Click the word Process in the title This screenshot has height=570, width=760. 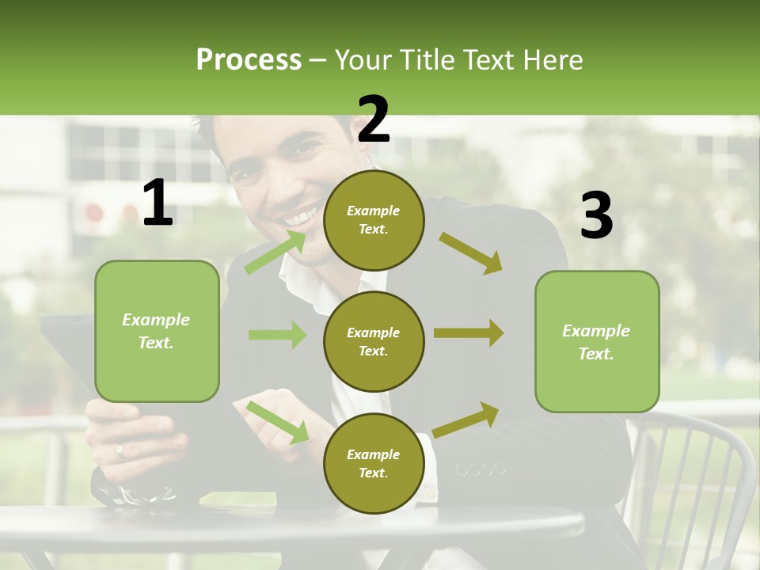(249, 59)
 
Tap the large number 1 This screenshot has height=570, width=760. (158, 203)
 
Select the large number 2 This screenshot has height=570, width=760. (374, 120)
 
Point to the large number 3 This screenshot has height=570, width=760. (596, 215)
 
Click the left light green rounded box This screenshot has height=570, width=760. (157, 331)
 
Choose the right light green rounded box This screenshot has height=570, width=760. (597, 341)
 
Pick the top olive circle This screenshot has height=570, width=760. (374, 220)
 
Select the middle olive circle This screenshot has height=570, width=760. (374, 341)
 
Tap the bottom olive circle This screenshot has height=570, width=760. (374, 463)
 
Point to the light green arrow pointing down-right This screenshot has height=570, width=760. (277, 422)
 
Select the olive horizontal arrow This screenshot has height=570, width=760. (469, 334)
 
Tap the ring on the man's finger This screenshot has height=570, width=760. (120, 450)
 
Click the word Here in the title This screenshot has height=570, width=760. (553, 59)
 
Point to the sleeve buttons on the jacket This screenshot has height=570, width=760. (480, 470)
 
